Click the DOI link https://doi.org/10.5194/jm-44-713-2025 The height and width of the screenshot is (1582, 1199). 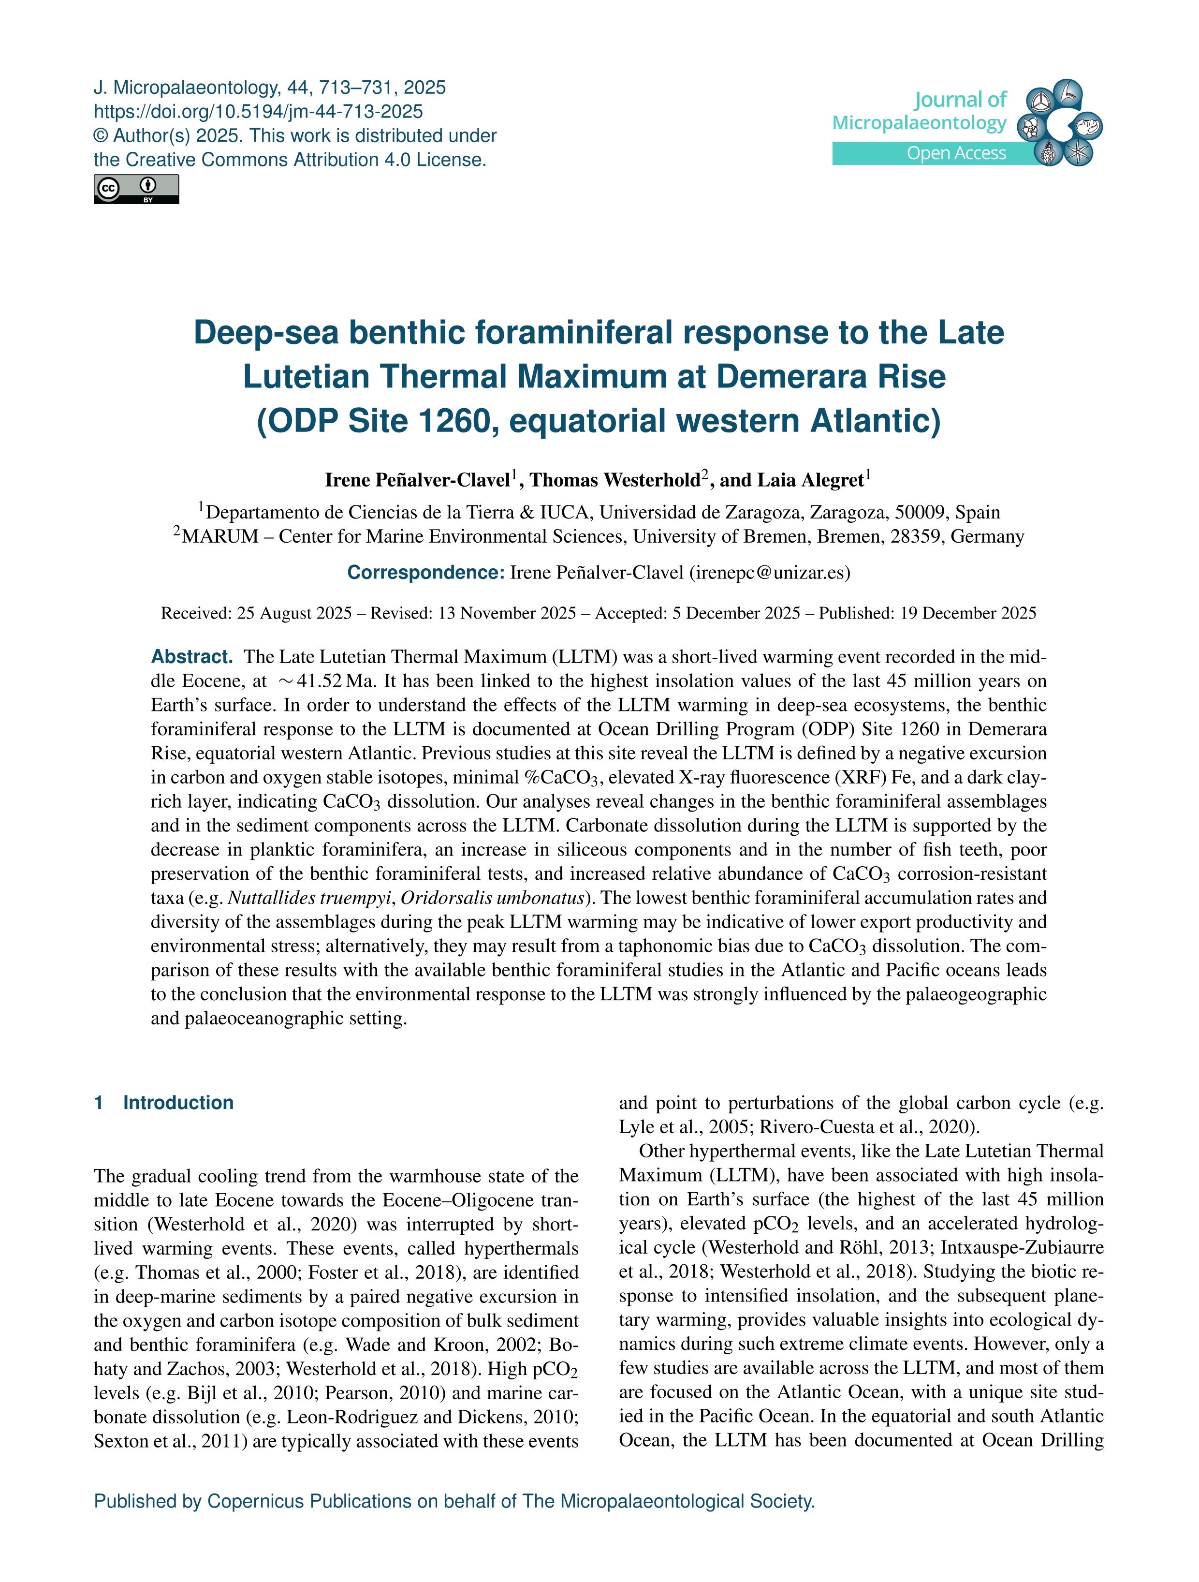[x=258, y=112]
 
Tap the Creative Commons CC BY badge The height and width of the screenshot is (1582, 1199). [x=136, y=190]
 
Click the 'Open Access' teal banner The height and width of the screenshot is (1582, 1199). [x=955, y=153]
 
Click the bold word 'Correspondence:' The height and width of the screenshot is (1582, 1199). [x=426, y=572]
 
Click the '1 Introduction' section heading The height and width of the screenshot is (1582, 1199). [x=164, y=1102]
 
